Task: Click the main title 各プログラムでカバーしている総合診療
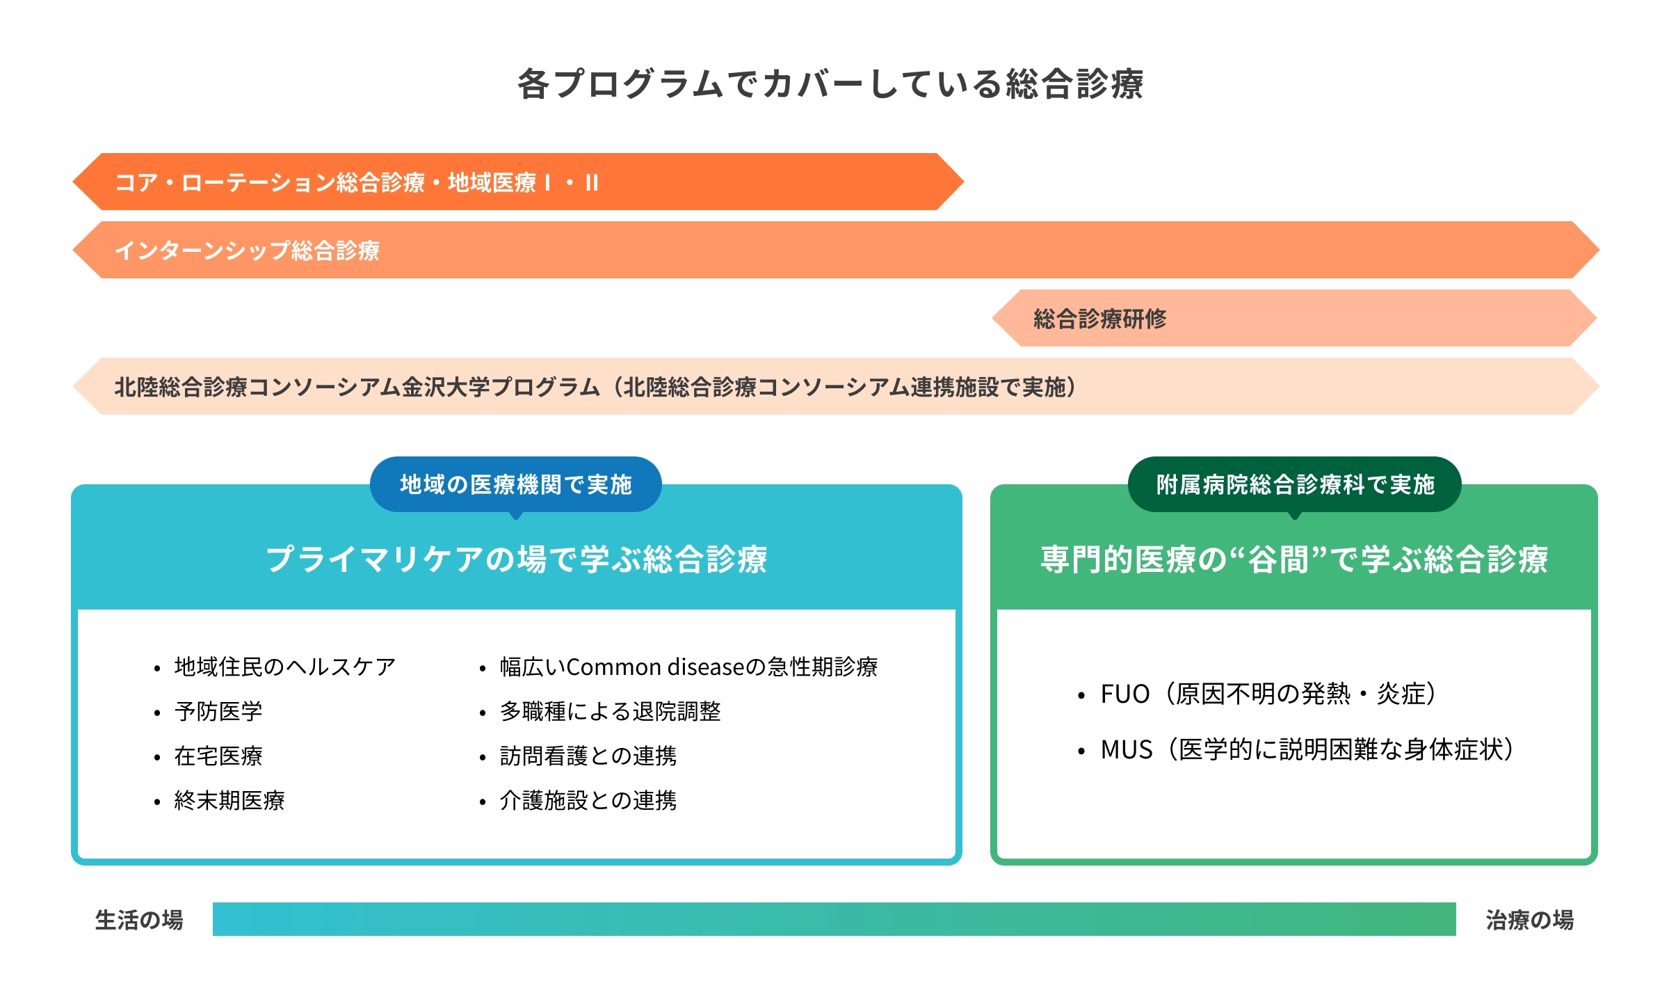point(830,84)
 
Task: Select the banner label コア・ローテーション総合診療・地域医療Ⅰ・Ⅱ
point(356,182)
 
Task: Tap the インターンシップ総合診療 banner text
point(247,250)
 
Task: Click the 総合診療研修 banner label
point(1099,319)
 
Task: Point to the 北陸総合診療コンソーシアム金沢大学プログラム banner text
point(357,387)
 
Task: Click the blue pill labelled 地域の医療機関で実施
point(515,484)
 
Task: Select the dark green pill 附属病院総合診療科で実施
point(1294,484)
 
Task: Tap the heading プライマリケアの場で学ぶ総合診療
point(517,559)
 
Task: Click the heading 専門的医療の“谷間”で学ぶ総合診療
point(1294,559)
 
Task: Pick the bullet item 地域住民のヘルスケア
point(284,667)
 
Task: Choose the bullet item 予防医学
point(218,711)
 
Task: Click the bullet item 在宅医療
point(218,756)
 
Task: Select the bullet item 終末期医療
point(229,800)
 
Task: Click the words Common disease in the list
point(655,667)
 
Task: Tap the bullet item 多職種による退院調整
point(610,711)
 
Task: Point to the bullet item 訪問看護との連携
point(588,756)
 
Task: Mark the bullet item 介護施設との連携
point(588,800)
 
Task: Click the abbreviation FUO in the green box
point(1124,694)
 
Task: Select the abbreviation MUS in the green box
point(1126,749)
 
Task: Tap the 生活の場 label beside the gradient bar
point(139,920)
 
